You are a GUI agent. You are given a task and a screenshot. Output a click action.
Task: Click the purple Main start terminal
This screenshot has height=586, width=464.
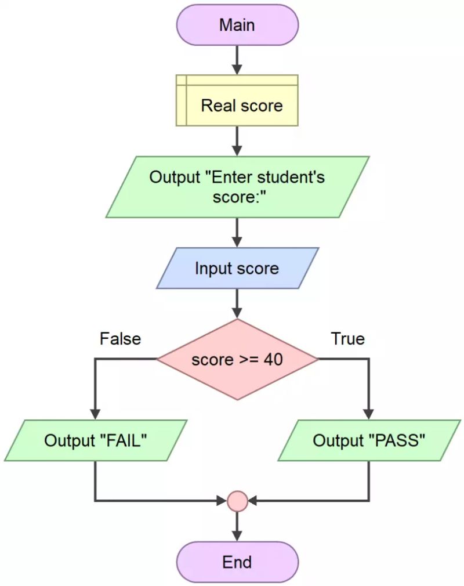click(x=237, y=26)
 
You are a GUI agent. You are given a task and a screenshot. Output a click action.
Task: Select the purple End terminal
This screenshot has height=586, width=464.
click(x=237, y=562)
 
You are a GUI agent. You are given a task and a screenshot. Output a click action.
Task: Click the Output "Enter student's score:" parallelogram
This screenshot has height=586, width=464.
click(x=237, y=186)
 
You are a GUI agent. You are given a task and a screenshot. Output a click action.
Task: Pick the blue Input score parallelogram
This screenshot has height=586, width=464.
click(x=237, y=269)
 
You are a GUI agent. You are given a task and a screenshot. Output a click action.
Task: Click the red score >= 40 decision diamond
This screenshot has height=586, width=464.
click(x=237, y=359)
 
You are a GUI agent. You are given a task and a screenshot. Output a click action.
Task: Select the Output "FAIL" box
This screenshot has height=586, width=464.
click(x=95, y=440)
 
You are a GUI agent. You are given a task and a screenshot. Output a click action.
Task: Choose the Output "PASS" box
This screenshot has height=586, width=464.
click(x=369, y=440)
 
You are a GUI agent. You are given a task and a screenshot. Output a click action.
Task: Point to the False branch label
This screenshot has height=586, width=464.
click(x=120, y=339)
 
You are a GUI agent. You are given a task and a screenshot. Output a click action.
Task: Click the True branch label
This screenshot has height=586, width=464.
click(x=347, y=339)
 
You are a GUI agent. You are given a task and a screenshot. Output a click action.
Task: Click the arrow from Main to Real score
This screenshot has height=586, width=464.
click(x=237, y=60)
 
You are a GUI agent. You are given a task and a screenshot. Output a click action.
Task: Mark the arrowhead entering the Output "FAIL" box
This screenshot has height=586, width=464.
click(x=95, y=414)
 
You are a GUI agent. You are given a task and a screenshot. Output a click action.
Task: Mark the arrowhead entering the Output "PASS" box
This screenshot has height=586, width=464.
click(x=369, y=414)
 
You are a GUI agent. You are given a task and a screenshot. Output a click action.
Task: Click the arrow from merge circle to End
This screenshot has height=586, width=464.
click(x=237, y=526)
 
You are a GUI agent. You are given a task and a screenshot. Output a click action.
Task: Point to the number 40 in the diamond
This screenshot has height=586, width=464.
click(x=273, y=360)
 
